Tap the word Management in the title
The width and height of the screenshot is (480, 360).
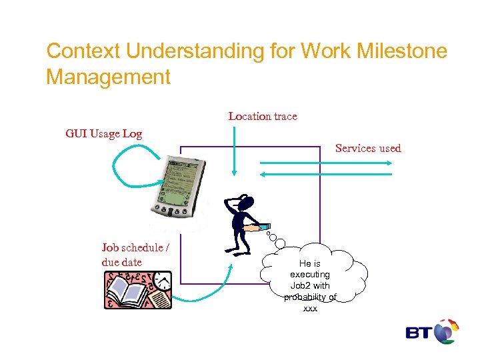pyautogui.click(x=108, y=77)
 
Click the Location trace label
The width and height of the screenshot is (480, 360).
pyautogui.click(x=263, y=116)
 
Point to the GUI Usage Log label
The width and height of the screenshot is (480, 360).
pyautogui.click(x=103, y=133)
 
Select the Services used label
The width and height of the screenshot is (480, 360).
pyautogui.click(x=368, y=148)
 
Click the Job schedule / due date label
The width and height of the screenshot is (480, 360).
pyautogui.click(x=135, y=255)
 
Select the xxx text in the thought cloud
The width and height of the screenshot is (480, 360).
pyautogui.click(x=310, y=309)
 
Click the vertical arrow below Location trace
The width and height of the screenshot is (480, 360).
pyautogui.click(x=233, y=150)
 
